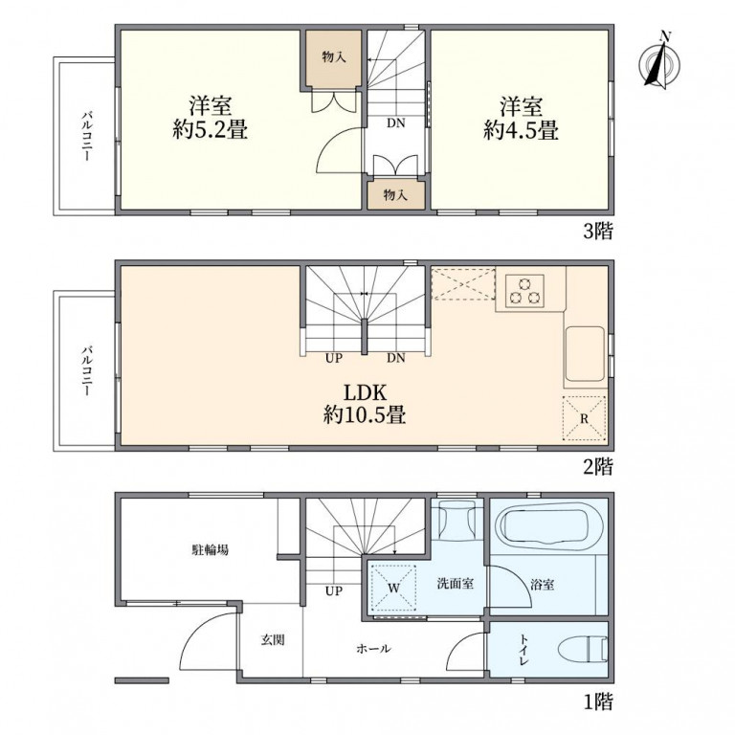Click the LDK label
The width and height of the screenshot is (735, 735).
[365, 392]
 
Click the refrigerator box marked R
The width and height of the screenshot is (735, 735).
[583, 416]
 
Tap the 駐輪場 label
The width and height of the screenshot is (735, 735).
[210, 550]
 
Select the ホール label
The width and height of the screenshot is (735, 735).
[373, 649]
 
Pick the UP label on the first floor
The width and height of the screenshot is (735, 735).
[333, 591]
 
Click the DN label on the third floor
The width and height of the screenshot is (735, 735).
[394, 123]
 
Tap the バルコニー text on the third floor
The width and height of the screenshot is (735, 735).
[86, 137]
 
